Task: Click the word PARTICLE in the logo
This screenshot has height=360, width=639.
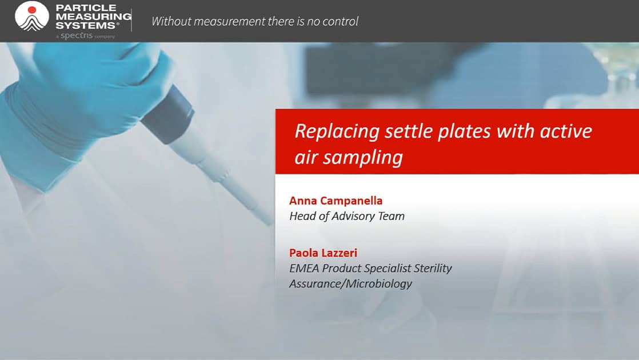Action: pyautogui.click(x=86, y=8)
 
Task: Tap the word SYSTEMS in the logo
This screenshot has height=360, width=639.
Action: pyautogui.click(x=86, y=25)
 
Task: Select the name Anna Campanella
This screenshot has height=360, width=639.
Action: pyautogui.click(x=336, y=201)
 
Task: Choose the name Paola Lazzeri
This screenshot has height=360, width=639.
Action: pyautogui.click(x=323, y=253)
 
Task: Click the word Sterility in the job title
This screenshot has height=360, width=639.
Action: pyautogui.click(x=433, y=269)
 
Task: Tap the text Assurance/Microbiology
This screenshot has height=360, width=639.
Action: pyautogui.click(x=350, y=284)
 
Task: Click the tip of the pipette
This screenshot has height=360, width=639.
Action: pyautogui.click(x=270, y=223)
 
